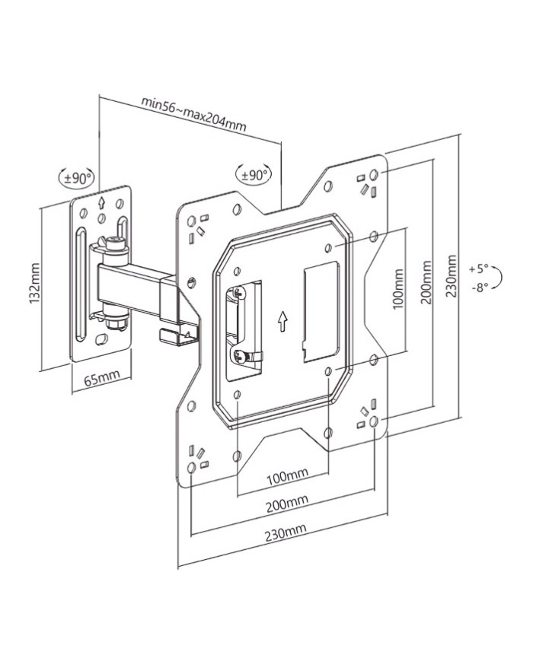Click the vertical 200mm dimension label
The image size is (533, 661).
click(426, 282)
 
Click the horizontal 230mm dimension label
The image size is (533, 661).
click(282, 534)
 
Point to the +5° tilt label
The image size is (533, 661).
click(479, 269)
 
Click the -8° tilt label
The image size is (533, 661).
click(479, 288)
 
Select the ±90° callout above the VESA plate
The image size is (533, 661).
click(254, 174)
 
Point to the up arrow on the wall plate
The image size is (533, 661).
click(101, 203)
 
